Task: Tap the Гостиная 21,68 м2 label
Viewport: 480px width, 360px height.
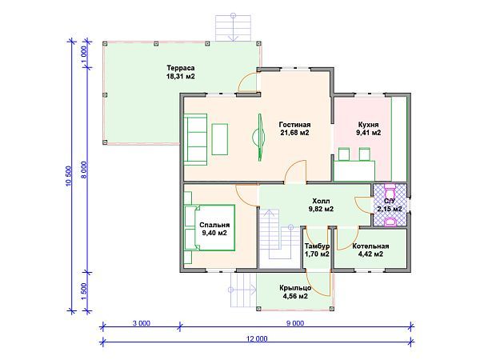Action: pos(294,129)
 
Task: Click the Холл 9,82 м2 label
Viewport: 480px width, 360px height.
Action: pos(321,205)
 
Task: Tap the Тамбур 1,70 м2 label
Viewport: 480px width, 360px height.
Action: pos(317,250)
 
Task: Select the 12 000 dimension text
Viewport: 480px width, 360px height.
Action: pos(257,338)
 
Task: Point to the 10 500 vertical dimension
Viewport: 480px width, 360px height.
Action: pos(68,176)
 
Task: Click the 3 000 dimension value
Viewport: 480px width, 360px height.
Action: pos(142,323)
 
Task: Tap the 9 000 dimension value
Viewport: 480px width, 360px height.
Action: pos(295,323)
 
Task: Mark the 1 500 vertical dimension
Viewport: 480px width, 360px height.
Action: pos(84,291)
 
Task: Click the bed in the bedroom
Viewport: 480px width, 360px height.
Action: pos(210,227)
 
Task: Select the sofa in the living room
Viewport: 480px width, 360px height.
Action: pos(195,139)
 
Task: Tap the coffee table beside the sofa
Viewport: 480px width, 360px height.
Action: pos(220,139)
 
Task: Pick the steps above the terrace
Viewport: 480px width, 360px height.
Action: pos(234,28)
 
